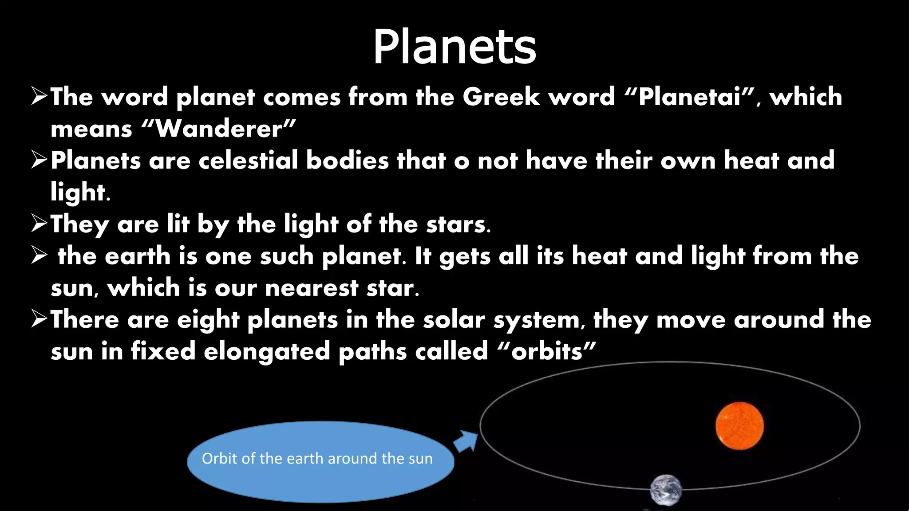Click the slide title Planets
454,47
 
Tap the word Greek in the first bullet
501,97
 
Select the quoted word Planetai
690,97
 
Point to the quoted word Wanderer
219,129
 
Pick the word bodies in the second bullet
348,160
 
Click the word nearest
312,288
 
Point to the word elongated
267,352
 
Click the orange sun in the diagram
739,426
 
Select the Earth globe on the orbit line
666,490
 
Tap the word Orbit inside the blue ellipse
219,458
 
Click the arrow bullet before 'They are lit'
39,223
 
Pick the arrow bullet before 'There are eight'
39,319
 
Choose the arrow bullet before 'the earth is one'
39,255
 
